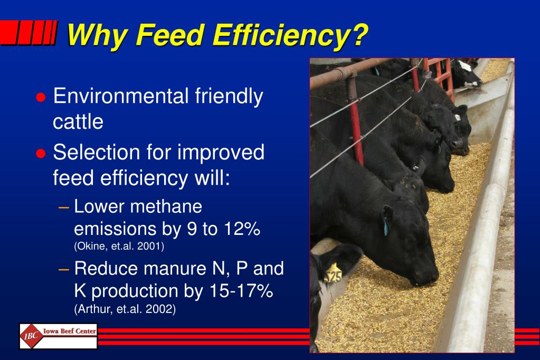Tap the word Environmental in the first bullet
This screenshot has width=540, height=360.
tap(121, 97)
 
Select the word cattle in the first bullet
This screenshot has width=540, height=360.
tap(78, 122)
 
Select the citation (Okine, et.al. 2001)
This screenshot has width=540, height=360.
tap(119, 246)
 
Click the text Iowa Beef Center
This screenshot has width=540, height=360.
tap(69, 331)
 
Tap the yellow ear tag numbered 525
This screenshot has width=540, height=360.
tap(333, 274)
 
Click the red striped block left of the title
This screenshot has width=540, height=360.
tap(29, 33)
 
